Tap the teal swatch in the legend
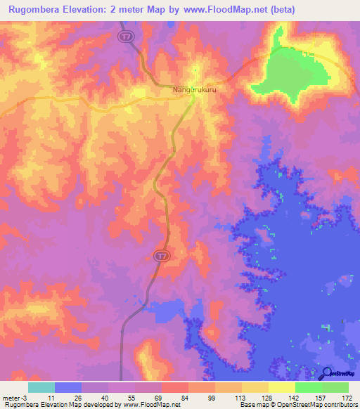41,387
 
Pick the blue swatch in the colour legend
68,387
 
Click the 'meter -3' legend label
15,397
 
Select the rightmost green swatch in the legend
335,387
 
